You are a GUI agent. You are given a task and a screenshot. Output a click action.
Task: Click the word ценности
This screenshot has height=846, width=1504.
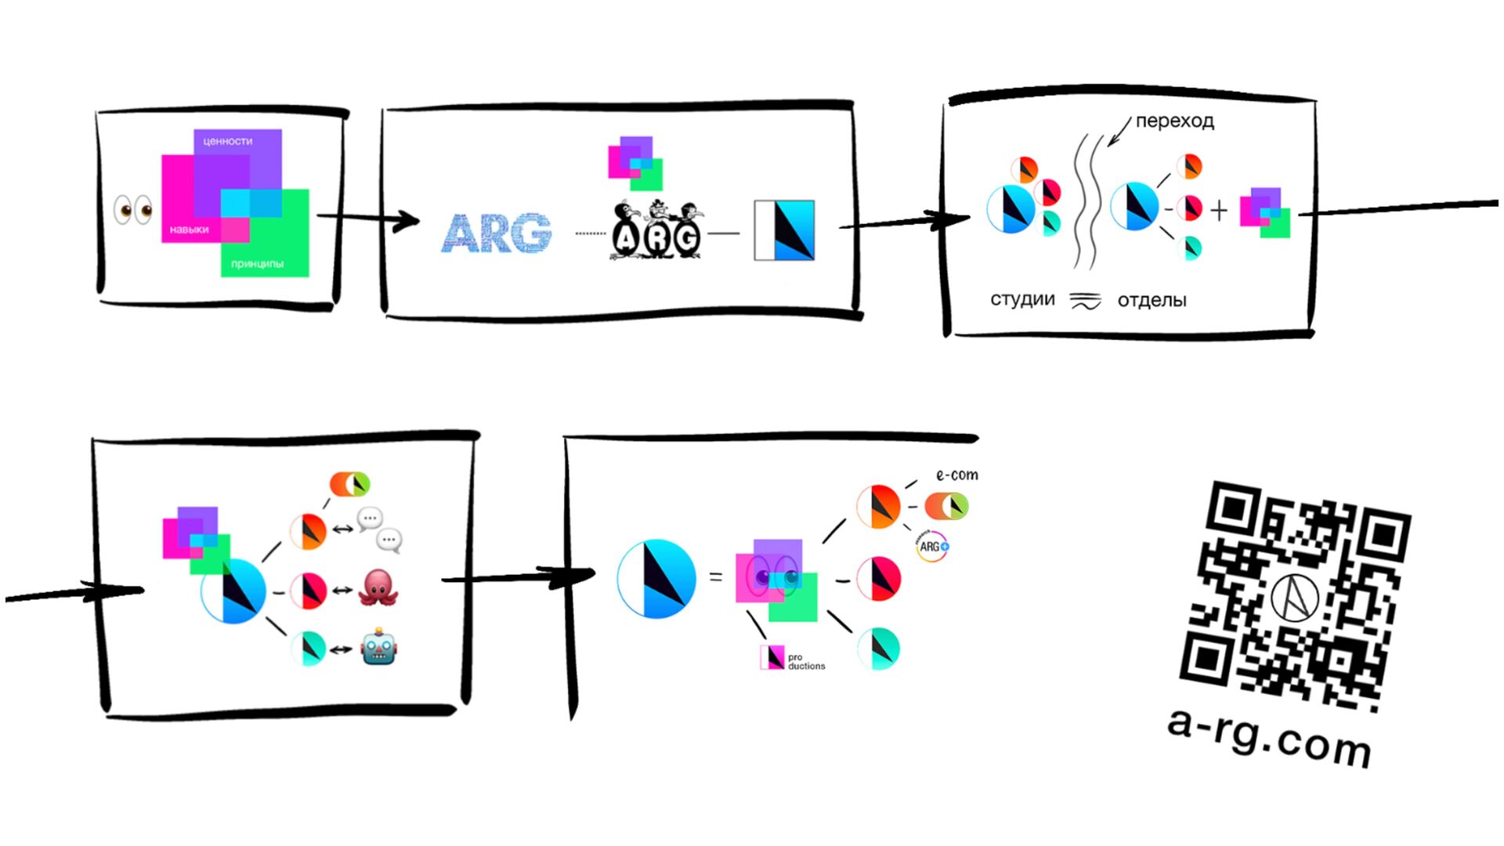[227, 142]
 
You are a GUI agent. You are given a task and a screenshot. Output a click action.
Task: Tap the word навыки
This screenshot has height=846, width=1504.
[189, 230]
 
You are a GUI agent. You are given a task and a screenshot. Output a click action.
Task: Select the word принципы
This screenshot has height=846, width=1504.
[257, 264]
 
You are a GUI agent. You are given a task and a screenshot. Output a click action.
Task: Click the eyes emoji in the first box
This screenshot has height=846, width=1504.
[133, 210]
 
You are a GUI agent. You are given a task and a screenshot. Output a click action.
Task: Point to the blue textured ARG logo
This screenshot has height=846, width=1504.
[497, 233]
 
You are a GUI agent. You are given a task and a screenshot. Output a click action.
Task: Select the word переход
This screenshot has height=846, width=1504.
[1174, 121]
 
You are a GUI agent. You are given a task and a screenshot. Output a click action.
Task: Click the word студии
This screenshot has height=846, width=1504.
[1022, 300]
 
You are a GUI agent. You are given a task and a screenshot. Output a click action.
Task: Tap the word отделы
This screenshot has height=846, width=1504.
[1151, 301]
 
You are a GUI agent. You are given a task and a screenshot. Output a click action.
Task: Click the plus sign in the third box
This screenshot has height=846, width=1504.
[1219, 211]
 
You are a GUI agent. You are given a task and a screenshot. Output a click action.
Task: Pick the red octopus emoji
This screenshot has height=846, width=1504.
[378, 588]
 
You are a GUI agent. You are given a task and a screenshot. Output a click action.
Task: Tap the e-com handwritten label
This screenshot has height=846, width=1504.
[956, 475]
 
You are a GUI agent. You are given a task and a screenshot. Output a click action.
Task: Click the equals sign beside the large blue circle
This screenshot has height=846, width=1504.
[715, 577]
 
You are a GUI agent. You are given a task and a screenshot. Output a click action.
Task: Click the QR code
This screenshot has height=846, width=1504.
[1296, 595]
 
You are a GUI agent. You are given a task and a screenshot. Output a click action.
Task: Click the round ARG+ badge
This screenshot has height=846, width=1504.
[932, 546]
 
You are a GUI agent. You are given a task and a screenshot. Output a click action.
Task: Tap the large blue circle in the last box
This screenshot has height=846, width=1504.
[656, 579]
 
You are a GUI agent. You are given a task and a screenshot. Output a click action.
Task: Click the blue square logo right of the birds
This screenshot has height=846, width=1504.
[784, 230]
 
